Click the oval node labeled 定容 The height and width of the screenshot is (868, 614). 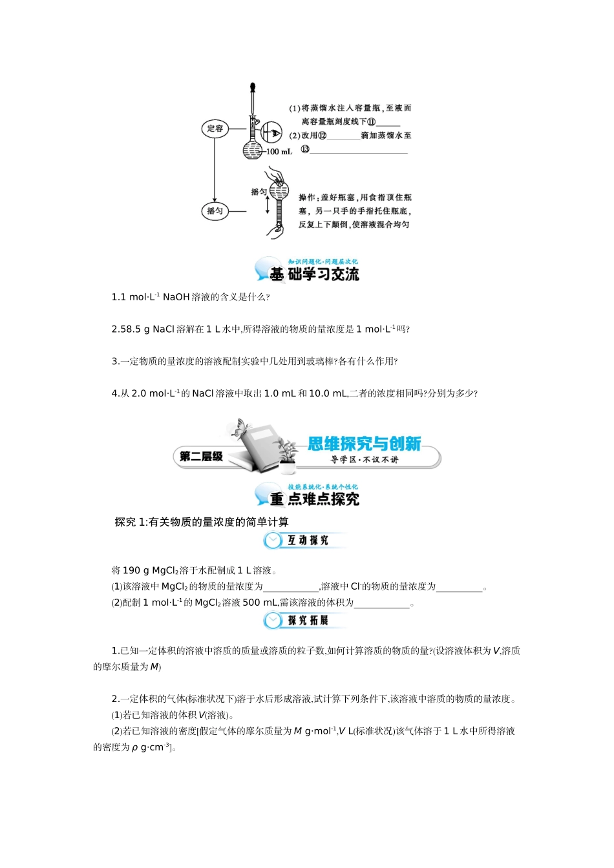click(215, 129)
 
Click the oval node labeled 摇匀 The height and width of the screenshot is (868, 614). click(215, 211)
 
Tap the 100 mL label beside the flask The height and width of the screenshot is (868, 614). click(279, 152)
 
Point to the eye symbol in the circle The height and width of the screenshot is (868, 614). click(272, 132)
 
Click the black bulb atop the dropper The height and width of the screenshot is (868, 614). click(253, 85)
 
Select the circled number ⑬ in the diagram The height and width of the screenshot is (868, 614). click(305, 149)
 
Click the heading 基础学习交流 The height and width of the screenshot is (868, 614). click(314, 274)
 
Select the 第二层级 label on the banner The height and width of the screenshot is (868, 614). click(201, 457)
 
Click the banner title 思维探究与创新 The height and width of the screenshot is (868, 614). click(364, 444)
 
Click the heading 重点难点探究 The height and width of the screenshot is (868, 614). click(315, 499)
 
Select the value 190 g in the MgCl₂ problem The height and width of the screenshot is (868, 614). click(131, 570)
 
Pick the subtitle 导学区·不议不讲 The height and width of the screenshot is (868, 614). click(365, 460)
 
